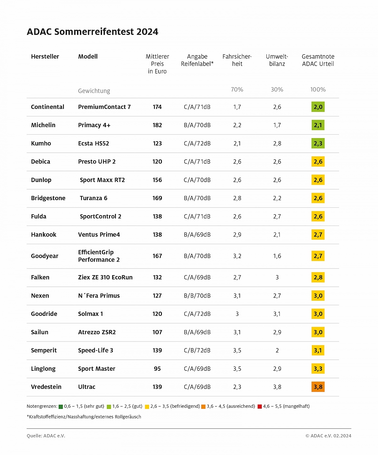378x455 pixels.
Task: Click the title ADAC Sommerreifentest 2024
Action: coord(92,32)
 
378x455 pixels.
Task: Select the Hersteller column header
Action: coord(45,56)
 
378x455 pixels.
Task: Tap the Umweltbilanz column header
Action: coord(277,60)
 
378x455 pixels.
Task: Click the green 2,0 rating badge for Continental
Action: coord(318,107)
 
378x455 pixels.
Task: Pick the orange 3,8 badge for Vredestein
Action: coord(318,387)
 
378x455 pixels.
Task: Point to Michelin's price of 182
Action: coord(157,125)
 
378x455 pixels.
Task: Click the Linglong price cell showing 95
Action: coord(157,369)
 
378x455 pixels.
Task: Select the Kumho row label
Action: coord(41,143)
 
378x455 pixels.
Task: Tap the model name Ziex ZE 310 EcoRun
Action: coord(105,277)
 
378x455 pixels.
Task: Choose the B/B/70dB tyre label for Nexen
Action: coord(197,295)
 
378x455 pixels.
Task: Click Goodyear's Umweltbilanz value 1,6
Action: coord(277,256)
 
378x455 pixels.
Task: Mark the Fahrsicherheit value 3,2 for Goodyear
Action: coord(237,256)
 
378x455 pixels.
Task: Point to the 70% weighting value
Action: coord(237,90)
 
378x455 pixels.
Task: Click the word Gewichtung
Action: coord(94,91)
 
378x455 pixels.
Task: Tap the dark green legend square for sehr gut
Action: coord(61,407)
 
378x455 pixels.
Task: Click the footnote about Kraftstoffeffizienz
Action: coord(84,417)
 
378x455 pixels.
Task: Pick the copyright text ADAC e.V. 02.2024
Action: coord(328,436)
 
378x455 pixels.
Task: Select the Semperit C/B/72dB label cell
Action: coord(197,350)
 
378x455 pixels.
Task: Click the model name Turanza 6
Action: coord(94,198)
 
